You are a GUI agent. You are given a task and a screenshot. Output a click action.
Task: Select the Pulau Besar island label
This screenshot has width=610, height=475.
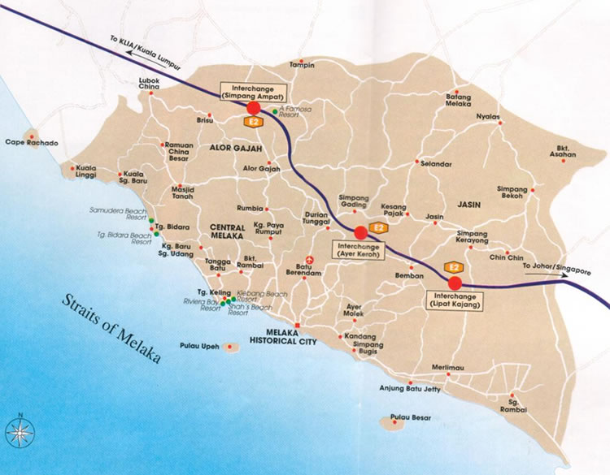coord(410,418)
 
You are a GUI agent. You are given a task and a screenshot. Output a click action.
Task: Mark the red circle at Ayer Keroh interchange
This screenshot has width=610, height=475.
coord(361,234)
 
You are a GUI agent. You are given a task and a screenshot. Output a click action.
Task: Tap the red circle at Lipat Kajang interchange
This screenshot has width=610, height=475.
coord(455,282)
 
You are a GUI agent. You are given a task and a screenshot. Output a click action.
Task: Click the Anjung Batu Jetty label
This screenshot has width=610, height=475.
coord(409,387)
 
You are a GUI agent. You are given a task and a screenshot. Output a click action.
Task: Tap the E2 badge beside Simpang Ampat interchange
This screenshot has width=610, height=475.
coord(254,121)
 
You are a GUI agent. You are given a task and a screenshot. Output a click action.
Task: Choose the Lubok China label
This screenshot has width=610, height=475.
coord(150,84)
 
